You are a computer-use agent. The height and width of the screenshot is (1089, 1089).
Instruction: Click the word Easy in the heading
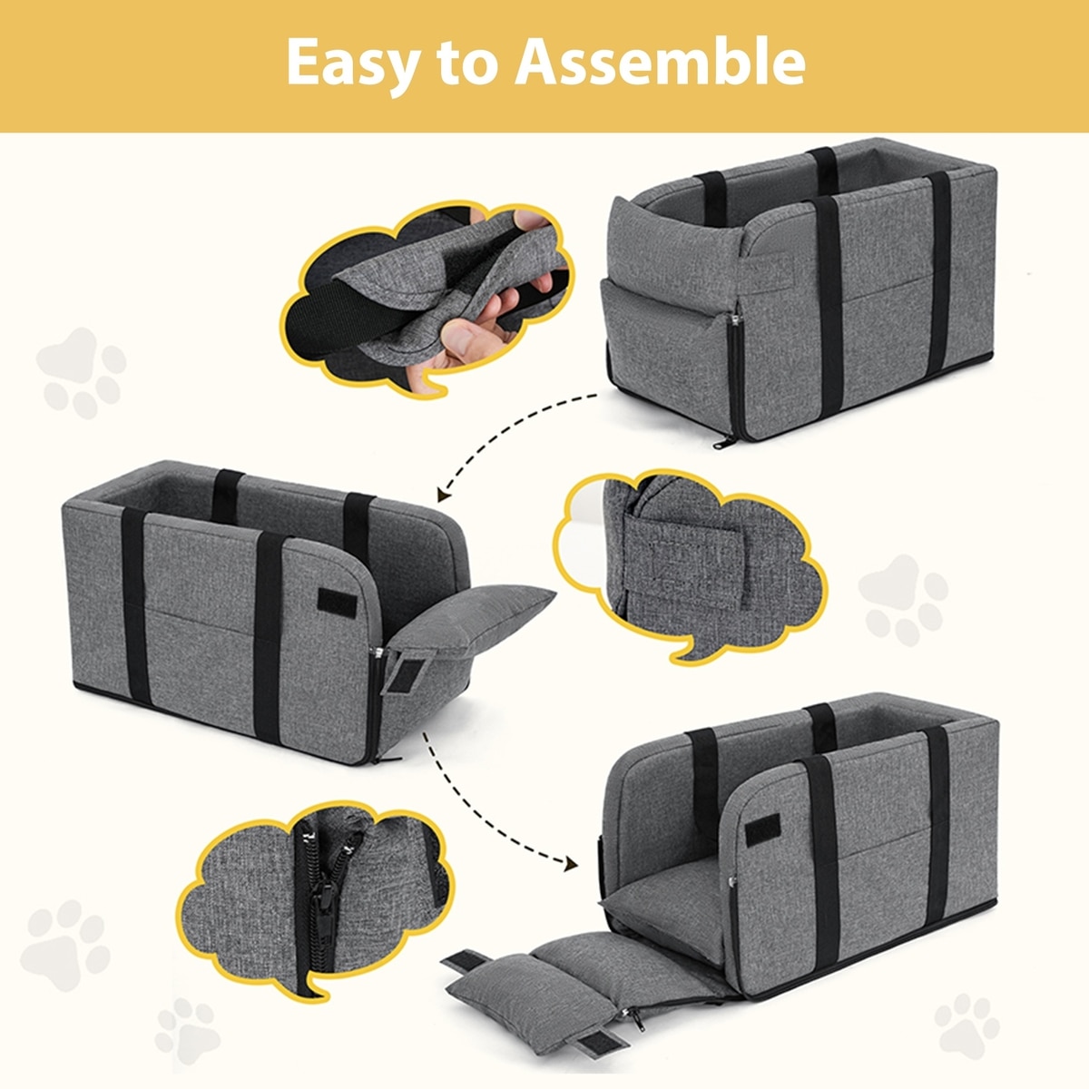354,64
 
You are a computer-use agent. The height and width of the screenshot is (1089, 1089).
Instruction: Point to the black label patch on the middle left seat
337,603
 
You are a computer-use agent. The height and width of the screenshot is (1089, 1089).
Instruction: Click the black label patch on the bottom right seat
762,829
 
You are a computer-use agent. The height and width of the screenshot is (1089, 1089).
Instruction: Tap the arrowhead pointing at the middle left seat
444,495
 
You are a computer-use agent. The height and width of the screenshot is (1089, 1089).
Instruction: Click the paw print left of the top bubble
82,372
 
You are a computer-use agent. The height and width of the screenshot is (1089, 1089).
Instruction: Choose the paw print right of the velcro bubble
902,600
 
